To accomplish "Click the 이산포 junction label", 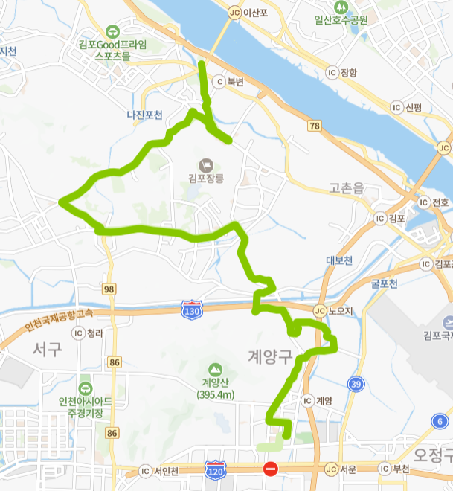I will pyautogui.click(x=245, y=13).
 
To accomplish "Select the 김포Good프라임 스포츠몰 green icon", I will pyautogui.click(x=112, y=31).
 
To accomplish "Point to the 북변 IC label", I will pyautogui.click(x=228, y=81).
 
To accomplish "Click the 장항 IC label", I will pyautogui.click(x=342, y=72).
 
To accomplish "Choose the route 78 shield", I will pyautogui.click(x=315, y=127).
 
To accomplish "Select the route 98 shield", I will pyautogui.click(x=109, y=288).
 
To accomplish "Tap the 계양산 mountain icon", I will pyautogui.click(x=215, y=369).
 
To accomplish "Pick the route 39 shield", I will pyautogui.click(x=356, y=383).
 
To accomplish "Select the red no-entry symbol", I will pyautogui.click(x=271, y=469).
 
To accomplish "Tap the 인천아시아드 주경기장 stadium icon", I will pyautogui.click(x=86, y=388).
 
